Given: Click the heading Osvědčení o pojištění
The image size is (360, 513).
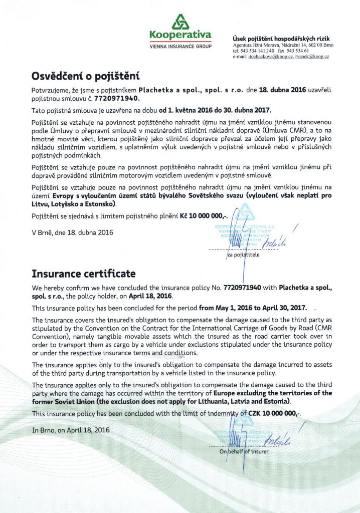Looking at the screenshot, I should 85,77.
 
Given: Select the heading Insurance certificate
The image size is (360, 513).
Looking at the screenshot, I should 84,274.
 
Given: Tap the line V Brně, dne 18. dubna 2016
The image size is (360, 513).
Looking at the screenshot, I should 72,232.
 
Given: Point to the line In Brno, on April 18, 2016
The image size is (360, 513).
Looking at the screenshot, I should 71,430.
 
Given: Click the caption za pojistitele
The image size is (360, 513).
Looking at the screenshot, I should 243,255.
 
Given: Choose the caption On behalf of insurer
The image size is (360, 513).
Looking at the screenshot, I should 244,451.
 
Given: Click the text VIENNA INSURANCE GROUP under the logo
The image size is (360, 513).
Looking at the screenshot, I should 181,46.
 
